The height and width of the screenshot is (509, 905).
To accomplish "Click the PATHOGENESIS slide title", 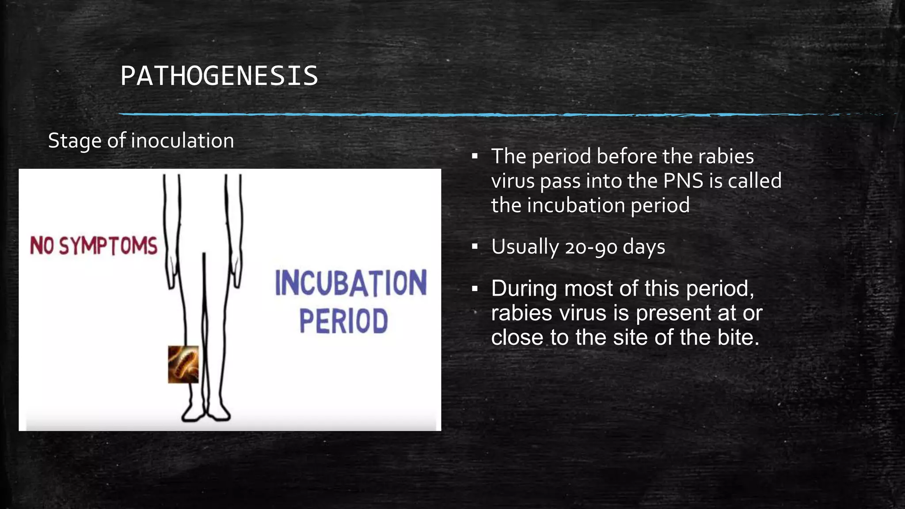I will [x=219, y=76].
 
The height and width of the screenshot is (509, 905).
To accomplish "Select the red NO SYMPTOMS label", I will [x=94, y=246].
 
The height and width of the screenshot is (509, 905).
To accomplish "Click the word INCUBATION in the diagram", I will [x=351, y=283].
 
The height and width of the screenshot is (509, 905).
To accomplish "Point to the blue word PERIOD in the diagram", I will [x=343, y=321].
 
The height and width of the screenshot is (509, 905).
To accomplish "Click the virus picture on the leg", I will [x=183, y=364].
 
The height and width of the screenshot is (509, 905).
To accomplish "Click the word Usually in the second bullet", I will [x=525, y=247].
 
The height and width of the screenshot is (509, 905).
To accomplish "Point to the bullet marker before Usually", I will [x=475, y=247].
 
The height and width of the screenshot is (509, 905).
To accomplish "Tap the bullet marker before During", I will [x=475, y=289].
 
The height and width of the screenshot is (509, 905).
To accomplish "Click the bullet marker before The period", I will [x=475, y=156].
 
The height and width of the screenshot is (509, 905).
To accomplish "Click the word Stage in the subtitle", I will [x=75, y=141].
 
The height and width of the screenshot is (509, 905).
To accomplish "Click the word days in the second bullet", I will [x=644, y=247].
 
